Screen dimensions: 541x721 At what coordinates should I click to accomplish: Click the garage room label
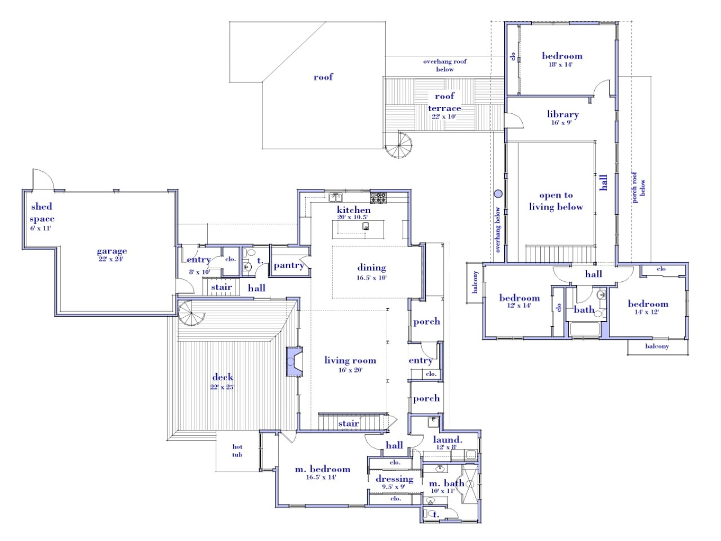[x=112, y=251]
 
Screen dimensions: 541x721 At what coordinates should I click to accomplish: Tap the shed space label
[x=42, y=212]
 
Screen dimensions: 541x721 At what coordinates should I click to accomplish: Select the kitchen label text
[x=354, y=210]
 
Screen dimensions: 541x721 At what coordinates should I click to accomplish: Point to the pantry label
[x=288, y=265]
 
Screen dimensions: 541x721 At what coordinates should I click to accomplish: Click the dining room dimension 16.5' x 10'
[x=371, y=278]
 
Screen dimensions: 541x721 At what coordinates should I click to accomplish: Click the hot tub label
[x=237, y=451]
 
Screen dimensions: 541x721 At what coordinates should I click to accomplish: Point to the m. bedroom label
[x=322, y=469]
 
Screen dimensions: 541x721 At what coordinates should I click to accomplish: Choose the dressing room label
[x=394, y=479]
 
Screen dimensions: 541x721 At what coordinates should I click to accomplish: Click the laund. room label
[x=447, y=440]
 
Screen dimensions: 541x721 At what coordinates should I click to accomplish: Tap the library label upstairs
[x=562, y=114]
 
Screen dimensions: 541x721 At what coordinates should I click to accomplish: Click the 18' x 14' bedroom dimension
[x=561, y=65]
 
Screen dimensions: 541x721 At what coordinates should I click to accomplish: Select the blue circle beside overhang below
[x=498, y=194]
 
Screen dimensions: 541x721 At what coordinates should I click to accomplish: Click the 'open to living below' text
[x=555, y=201]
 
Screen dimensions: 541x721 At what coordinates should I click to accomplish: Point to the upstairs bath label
[x=584, y=309]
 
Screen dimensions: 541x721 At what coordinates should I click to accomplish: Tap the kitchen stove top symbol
[x=379, y=197]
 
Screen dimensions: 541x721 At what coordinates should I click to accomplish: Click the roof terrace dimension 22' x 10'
[x=444, y=117]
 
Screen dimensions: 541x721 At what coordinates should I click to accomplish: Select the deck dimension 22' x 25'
[x=222, y=387]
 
